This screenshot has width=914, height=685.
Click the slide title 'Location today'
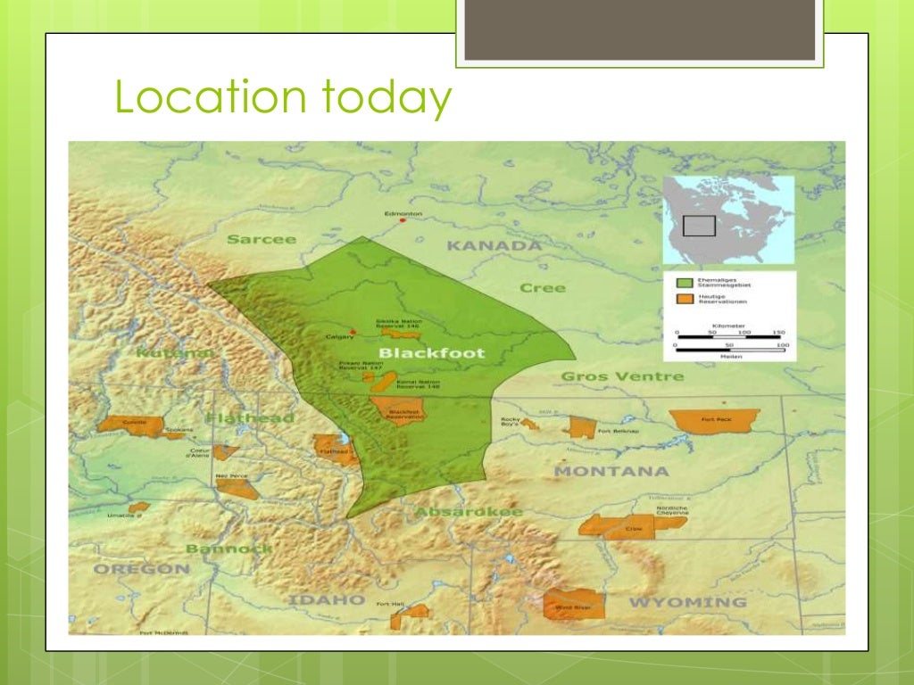click(x=282, y=98)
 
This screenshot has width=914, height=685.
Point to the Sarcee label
click(x=261, y=239)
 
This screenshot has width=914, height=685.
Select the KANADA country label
click(x=494, y=245)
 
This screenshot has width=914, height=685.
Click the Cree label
click(x=543, y=288)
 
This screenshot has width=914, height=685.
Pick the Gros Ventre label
click(x=622, y=376)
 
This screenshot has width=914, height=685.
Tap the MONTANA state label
click(x=611, y=471)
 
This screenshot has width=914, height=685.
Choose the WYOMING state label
click(x=687, y=603)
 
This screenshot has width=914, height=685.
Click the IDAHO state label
click(x=326, y=599)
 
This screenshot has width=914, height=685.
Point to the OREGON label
click(x=142, y=568)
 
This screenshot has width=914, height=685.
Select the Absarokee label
click(x=468, y=512)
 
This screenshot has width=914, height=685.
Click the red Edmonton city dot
click(x=403, y=220)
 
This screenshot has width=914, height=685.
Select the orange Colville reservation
click(x=132, y=425)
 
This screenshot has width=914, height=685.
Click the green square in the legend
click(x=685, y=282)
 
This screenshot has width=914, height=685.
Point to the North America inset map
click(x=727, y=218)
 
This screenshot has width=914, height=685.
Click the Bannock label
click(x=228, y=549)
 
